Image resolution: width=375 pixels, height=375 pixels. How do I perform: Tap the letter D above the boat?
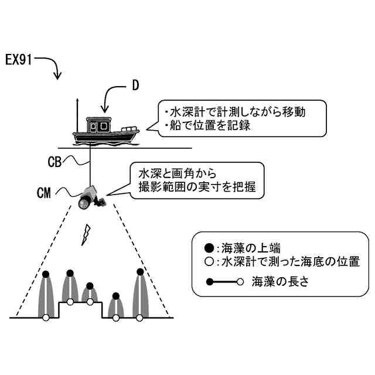(135, 86)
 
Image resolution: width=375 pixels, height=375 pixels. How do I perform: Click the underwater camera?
(90, 197)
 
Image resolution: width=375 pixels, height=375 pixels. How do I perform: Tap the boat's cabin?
(98, 125)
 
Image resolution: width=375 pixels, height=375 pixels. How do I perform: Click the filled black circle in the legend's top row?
(209, 247)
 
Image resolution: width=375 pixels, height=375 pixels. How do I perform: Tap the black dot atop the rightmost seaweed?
(139, 271)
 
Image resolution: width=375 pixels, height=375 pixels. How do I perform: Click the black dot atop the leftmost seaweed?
(46, 275)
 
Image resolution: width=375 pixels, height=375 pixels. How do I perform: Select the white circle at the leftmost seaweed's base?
(46, 318)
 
